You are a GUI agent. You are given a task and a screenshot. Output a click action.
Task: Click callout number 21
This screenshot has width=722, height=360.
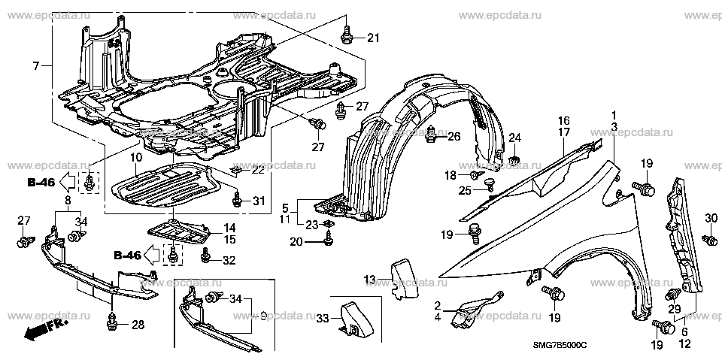[x=375, y=38]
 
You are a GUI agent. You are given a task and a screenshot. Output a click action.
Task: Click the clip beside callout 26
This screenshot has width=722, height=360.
[x=432, y=136]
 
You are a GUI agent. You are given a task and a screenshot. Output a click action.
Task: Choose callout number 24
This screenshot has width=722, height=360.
[x=514, y=137]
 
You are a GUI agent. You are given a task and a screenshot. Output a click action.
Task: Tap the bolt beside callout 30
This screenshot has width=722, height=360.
[x=708, y=239]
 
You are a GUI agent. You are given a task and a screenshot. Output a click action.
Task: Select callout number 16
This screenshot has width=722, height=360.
[x=563, y=120]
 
